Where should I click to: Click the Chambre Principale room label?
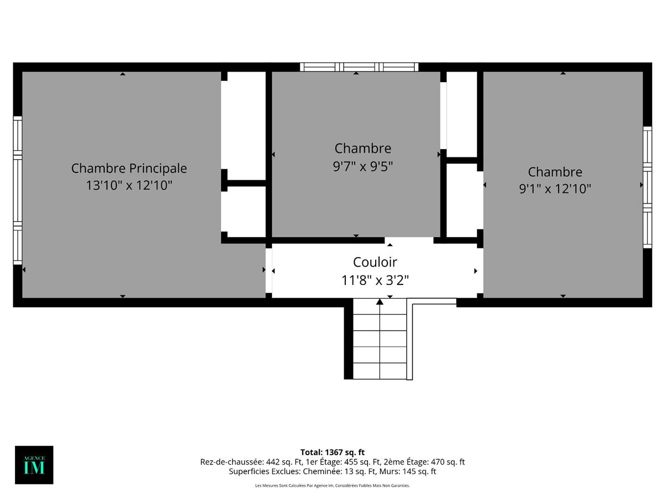(x=129, y=168)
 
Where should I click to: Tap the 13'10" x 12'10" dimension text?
(x=129, y=185)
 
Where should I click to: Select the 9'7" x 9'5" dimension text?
(x=362, y=166)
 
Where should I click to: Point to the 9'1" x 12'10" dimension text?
(x=555, y=189)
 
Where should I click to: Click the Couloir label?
(x=375, y=262)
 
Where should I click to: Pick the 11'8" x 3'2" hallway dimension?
(x=375, y=281)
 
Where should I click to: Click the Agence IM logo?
(x=34, y=465)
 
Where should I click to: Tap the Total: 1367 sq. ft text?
(x=332, y=452)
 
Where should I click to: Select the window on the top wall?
(x=359, y=67)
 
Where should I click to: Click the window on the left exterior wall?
(x=18, y=190)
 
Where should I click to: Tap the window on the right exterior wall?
(x=647, y=187)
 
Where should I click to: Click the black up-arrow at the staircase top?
(x=380, y=302)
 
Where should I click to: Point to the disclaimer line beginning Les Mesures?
(x=332, y=486)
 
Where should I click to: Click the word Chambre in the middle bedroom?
(x=362, y=149)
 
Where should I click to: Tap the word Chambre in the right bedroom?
(x=555, y=172)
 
